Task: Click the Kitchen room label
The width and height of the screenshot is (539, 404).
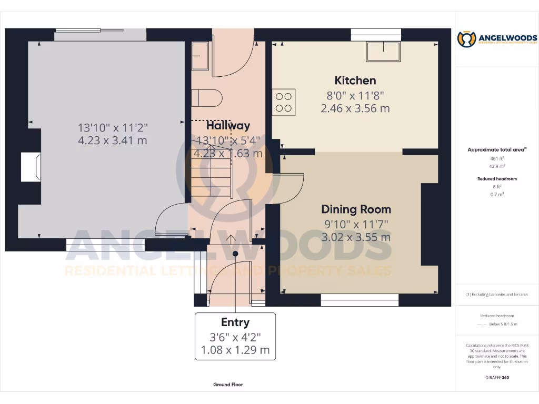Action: click(x=355, y=80)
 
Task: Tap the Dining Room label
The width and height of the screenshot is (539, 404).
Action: click(x=356, y=209)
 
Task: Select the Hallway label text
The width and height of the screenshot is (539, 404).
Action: click(x=228, y=126)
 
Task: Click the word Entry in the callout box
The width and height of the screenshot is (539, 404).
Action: click(x=235, y=322)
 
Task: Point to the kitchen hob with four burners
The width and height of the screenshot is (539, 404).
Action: click(x=284, y=102)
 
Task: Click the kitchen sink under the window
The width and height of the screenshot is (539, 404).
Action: click(x=384, y=52)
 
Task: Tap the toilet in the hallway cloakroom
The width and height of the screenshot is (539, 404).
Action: click(x=207, y=98)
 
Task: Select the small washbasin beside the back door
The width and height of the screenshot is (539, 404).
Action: click(x=200, y=56)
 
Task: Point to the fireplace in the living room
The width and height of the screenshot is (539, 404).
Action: click(x=31, y=167)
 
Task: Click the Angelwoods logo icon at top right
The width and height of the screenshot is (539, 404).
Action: click(x=466, y=39)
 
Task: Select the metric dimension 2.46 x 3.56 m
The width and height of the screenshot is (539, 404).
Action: click(x=355, y=109)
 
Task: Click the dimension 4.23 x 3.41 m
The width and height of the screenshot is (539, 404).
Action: click(x=113, y=140)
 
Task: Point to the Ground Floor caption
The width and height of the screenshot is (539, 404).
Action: click(x=228, y=385)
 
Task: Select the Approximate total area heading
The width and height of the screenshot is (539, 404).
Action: click(x=496, y=150)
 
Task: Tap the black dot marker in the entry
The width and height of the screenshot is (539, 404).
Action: click(x=235, y=254)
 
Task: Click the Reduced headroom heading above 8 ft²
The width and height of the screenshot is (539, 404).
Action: click(x=497, y=179)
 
